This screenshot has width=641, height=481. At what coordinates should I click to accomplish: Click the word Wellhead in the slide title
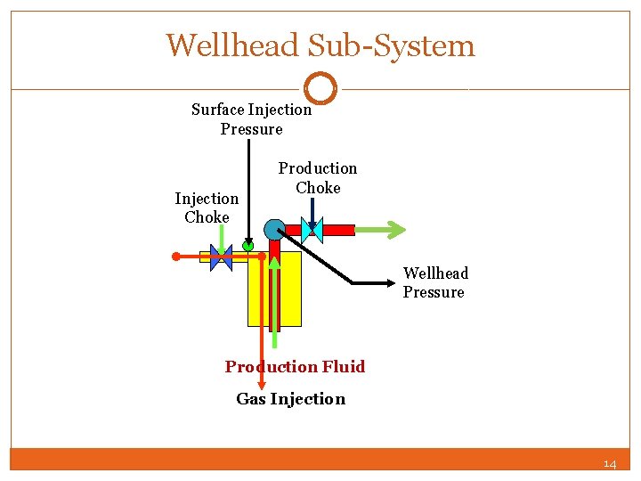click(x=227, y=45)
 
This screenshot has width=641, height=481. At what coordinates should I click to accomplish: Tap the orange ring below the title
click(x=320, y=88)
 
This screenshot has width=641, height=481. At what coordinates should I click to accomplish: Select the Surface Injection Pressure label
click(x=251, y=119)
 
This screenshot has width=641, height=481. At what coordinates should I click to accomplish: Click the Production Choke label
click(x=318, y=177)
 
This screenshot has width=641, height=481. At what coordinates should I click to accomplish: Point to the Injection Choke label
click(x=207, y=208)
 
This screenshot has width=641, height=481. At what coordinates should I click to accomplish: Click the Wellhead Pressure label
click(x=435, y=282)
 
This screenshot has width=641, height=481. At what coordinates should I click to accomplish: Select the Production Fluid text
click(x=295, y=366)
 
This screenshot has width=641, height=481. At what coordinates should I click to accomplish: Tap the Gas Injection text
click(x=290, y=398)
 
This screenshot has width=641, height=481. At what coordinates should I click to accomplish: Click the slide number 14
click(x=609, y=463)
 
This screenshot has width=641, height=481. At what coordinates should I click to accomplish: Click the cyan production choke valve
click(x=312, y=231)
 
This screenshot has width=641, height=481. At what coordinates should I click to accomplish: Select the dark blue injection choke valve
click(x=220, y=257)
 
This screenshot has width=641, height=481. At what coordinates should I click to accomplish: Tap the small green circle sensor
click(x=247, y=245)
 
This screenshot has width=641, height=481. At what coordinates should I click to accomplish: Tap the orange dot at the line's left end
click(x=176, y=257)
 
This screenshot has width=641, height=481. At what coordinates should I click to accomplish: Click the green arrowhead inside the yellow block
click(x=275, y=264)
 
